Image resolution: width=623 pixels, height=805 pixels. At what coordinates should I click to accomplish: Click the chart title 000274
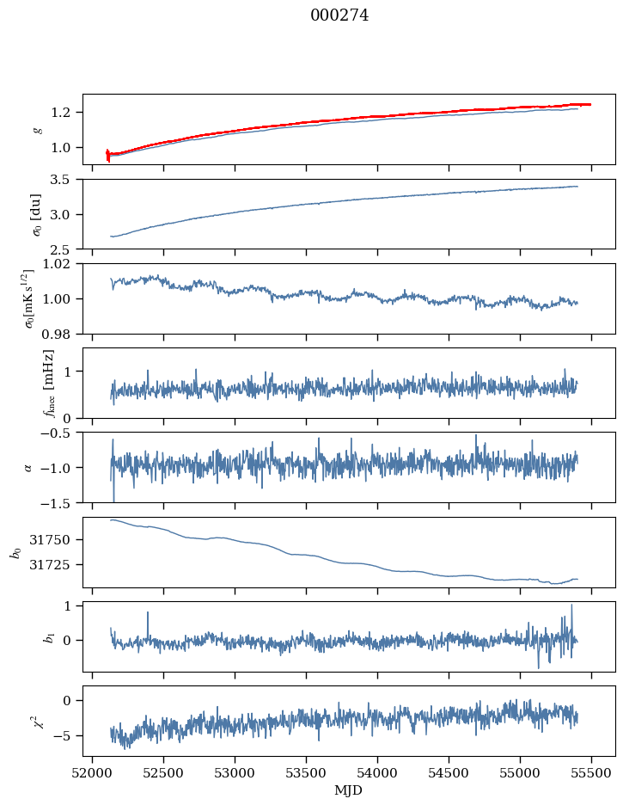[339, 15]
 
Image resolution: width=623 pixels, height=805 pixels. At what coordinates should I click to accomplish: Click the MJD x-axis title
[349, 790]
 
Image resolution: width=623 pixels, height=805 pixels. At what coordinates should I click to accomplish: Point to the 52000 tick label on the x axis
[93, 772]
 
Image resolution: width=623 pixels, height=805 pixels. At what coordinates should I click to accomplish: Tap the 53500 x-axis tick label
[307, 772]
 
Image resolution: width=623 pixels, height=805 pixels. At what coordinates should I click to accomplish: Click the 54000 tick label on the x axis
[378, 772]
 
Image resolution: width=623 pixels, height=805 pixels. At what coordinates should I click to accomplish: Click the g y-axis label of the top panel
[37, 129]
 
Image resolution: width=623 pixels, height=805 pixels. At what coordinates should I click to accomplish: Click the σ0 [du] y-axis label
[37, 213]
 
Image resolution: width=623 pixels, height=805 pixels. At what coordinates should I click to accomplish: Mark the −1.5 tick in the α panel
[61, 502]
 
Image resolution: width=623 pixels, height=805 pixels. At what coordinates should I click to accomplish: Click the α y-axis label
[28, 467]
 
